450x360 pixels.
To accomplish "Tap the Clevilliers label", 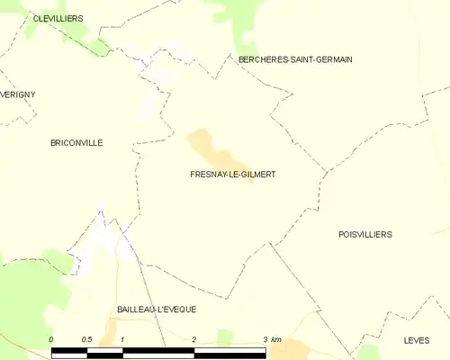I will (x=58, y=18).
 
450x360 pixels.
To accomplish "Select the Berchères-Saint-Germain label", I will (x=295, y=59).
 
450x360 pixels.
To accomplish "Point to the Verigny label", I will (x=18, y=94).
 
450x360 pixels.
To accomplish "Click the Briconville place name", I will (x=76, y=142).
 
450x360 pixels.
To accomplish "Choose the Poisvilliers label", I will (x=365, y=234).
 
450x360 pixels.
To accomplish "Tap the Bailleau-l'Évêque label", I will (x=157, y=309).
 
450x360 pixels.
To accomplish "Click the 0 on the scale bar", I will (x=51, y=339).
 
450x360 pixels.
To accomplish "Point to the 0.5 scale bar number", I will (x=86, y=339).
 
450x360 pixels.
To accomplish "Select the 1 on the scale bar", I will (x=121, y=339).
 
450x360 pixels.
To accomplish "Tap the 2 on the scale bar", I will (x=193, y=339).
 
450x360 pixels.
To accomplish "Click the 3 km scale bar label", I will (x=271, y=339).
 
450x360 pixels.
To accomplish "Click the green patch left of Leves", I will (x=369, y=351).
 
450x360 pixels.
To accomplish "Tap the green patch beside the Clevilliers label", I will (x=36, y=27).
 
